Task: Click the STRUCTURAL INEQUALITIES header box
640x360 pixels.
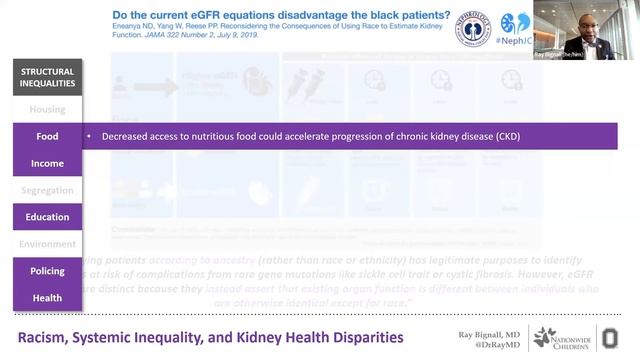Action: (47, 77)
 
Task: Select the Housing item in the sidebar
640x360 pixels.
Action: (47, 109)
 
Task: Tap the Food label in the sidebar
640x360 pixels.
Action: (47, 136)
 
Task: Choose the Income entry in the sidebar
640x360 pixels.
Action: (47, 163)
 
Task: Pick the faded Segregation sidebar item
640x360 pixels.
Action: (47, 190)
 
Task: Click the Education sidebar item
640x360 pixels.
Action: (47, 217)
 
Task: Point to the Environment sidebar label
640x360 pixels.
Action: (47, 244)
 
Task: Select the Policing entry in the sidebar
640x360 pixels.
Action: (47, 271)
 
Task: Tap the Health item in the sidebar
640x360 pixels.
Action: (47, 298)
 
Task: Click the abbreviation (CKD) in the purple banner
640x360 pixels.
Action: (509, 136)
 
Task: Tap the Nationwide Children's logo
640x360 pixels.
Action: (562, 337)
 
